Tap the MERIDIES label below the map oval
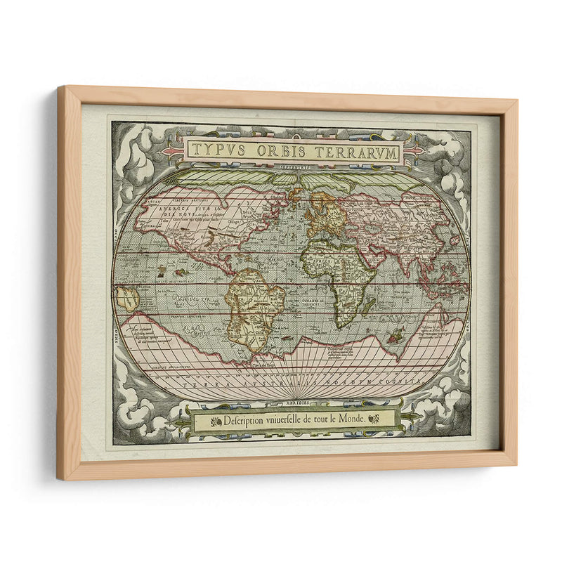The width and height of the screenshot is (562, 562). [291, 403]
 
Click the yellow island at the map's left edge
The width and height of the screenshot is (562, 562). [127, 299]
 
